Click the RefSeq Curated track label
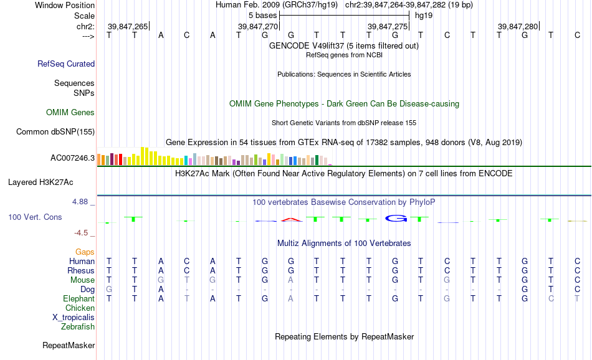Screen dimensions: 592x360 point(66,64)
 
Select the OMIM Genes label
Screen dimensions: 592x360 point(70,113)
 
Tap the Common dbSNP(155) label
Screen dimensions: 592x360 point(55,131)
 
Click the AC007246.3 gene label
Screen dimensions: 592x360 point(72,158)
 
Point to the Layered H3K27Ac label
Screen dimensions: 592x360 point(41,182)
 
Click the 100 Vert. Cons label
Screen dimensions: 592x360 point(35,217)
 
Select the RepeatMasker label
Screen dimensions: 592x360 point(69,345)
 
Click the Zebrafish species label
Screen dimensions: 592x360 point(78,327)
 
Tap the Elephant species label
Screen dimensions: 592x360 point(79,298)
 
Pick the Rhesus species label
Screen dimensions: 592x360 point(81,270)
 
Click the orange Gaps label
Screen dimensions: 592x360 point(85,252)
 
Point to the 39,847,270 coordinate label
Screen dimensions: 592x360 point(258,26)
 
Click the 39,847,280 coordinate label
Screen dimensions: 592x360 point(518,26)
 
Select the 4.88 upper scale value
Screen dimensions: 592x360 point(80,202)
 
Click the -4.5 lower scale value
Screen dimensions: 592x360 point(81,233)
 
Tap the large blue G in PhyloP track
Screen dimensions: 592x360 point(396,218)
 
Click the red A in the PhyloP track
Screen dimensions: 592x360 point(292,219)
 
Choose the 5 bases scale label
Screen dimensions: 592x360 point(263,16)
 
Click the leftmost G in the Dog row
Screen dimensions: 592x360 point(109,290)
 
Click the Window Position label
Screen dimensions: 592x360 point(65,5)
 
